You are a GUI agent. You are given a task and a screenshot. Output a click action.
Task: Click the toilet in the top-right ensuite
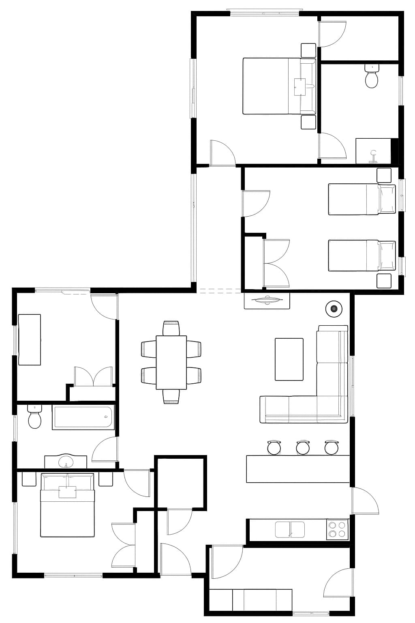[371, 77]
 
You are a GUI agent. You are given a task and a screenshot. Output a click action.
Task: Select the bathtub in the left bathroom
[83, 417]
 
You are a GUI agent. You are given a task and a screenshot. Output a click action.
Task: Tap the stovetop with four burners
[337, 529]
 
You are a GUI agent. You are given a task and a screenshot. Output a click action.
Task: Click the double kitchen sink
[290, 529]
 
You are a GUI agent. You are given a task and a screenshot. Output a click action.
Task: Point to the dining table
[171, 362]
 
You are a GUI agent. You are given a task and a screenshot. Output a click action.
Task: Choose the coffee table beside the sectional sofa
[289, 359]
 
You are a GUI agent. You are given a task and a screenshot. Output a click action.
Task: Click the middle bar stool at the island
[303, 447]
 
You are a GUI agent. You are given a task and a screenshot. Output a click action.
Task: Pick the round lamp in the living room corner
[334, 309]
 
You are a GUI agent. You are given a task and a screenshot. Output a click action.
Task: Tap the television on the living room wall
[267, 301]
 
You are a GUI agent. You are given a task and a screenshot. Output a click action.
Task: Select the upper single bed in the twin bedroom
[361, 199]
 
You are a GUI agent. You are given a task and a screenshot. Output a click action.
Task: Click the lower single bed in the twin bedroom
[361, 255]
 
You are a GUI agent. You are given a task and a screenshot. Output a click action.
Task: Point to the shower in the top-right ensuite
[374, 151]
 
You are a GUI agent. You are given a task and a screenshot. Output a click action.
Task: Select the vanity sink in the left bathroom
[66, 462]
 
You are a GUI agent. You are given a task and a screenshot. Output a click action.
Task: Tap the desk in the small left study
[30, 339]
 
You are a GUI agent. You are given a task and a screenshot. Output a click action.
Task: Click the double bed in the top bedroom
[279, 86]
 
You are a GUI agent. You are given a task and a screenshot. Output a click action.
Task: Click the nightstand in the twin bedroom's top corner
[384, 175]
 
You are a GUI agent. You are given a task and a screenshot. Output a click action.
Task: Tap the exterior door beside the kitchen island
[364, 501]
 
